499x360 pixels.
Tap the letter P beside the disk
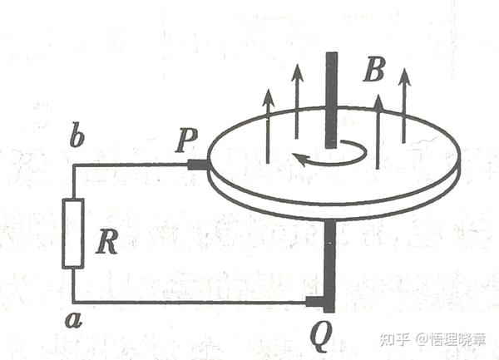[185, 141]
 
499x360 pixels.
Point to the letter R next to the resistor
[106, 242]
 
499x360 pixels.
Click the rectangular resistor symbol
[73, 234]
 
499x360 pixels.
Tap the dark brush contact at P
[198, 165]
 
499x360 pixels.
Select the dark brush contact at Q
[317, 301]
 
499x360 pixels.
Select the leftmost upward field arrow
[268, 125]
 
